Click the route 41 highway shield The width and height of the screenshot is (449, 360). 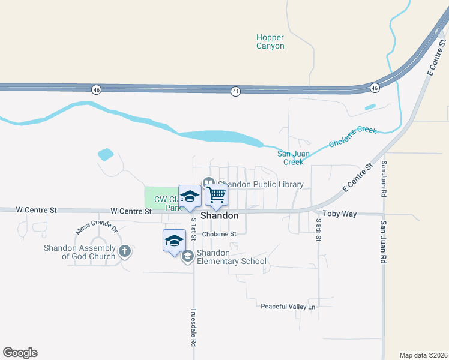[x=236, y=91]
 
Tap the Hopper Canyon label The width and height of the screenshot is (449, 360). [x=270, y=41]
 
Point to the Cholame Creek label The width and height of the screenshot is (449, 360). [x=352, y=137]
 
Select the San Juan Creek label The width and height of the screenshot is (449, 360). [x=294, y=158]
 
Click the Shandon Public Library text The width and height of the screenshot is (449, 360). [x=261, y=184]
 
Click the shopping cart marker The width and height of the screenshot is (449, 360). [x=216, y=194]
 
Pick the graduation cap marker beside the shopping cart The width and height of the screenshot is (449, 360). [x=190, y=197]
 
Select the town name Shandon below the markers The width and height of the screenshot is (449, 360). [x=219, y=215]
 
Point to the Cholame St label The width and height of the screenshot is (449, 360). [x=220, y=234]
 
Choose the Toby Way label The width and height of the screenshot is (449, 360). [x=339, y=213]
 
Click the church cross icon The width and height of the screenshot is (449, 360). [x=124, y=251]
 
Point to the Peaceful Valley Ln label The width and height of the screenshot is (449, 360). [x=288, y=307]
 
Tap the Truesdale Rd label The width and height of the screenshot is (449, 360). [x=193, y=328]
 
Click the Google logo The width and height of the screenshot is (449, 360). [x=20, y=353]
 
